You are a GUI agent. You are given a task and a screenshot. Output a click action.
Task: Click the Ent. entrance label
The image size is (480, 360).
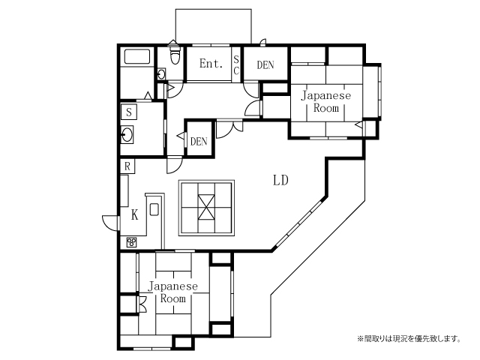211,63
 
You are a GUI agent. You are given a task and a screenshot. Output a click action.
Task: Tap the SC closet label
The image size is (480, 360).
236,64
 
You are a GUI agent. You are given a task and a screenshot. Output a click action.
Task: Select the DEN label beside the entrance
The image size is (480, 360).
265,65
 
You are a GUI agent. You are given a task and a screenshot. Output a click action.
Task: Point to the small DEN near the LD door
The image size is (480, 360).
199,141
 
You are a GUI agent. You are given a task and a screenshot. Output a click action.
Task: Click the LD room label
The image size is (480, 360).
280,181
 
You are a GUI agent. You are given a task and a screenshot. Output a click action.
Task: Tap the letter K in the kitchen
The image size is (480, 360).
135,215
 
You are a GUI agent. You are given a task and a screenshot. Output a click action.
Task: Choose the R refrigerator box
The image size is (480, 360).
127,166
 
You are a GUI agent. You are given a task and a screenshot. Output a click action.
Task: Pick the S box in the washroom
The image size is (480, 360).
129,112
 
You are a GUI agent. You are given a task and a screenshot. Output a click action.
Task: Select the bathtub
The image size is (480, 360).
137,57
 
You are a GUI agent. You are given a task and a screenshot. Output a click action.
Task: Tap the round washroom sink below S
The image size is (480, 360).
127,135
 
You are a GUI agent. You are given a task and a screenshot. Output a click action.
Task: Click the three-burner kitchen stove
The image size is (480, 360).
132,242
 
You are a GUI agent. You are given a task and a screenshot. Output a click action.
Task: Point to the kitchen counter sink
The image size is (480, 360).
154,209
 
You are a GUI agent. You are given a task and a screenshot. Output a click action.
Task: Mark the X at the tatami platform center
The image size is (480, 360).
206,207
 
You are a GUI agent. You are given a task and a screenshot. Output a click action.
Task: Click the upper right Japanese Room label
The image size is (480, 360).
326,102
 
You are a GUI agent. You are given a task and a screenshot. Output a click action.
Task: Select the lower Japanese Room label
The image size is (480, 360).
173,292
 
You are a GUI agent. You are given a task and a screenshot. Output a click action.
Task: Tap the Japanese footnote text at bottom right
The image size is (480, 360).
409,338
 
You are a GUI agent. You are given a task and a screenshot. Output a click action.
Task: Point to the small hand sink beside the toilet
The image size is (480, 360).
162,73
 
